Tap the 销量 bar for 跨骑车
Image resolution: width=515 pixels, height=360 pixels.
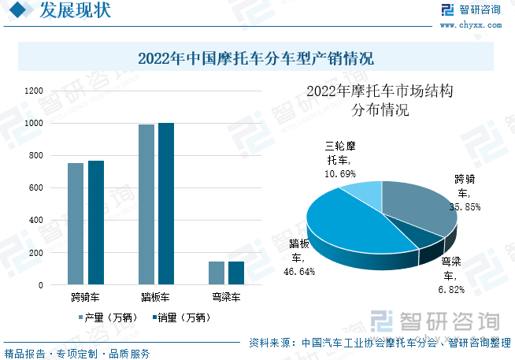pos(95,222)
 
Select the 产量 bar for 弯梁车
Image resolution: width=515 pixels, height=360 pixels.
pos(217,273)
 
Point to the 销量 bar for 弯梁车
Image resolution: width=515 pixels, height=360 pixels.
pos(236,273)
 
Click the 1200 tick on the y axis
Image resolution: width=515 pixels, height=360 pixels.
pos(34,91)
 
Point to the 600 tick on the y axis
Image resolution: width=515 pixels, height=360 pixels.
pos(36,188)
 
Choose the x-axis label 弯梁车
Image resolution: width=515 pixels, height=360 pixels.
pos(227,298)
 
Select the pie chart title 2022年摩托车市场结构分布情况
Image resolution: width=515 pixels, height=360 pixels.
pos(380,100)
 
